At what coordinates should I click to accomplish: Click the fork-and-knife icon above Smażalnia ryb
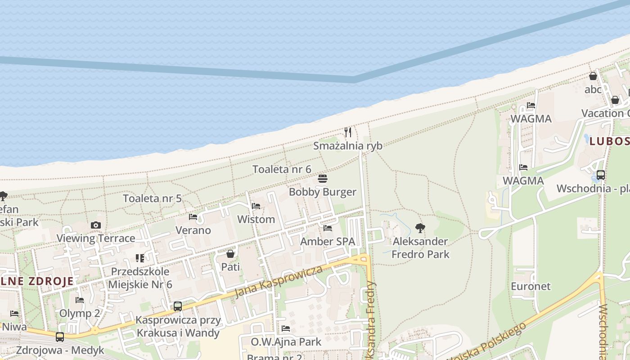[348, 132]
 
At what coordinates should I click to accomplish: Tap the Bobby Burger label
[322, 192]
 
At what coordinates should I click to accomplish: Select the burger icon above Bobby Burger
[322, 179]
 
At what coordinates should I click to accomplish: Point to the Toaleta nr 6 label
[282, 169]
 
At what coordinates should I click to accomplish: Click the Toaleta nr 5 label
[152, 198]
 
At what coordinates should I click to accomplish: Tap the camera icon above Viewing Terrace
[95, 225]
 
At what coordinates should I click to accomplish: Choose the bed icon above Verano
[193, 217]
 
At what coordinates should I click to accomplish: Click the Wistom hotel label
[256, 220]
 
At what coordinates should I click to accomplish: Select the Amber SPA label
[328, 242]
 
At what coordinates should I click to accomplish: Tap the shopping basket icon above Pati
[230, 254]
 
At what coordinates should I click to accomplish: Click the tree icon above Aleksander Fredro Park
[420, 228]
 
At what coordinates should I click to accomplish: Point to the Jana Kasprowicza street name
[279, 282]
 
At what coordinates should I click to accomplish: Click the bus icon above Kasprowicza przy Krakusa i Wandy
[178, 306]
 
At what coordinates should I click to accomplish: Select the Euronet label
[531, 286]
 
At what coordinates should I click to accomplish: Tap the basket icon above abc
[593, 76]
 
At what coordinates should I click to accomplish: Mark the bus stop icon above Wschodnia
[600, 175]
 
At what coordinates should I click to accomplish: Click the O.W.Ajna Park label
[286, 342]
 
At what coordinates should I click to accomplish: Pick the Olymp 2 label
[80, 313]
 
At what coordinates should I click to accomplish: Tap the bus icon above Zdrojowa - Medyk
[60, 337]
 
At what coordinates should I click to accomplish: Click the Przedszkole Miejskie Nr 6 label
[140, 278]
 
